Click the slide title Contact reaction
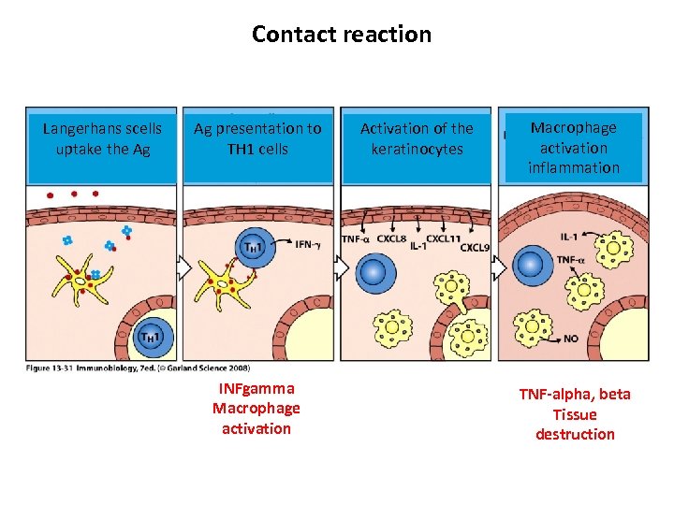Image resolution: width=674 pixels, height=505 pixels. (342, 35)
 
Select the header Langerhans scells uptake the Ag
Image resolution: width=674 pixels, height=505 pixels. (102, 138)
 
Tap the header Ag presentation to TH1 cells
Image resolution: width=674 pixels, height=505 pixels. (256, 138)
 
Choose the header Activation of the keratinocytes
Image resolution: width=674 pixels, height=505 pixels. (417, 138)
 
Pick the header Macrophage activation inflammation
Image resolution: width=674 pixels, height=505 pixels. (574, 147)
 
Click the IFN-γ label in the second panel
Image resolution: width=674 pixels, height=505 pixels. (310, 244)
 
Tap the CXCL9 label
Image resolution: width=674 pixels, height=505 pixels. (473, 248)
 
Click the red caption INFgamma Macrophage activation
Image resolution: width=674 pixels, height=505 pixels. (256, 409)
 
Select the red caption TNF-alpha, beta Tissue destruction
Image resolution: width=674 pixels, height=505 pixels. (575, 414)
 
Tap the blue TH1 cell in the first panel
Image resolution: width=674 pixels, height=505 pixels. (152, 335)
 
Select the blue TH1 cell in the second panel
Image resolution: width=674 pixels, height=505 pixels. (254, 246)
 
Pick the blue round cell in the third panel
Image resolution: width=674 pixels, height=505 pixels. (373, 272)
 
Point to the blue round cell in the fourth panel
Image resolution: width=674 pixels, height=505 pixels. (530, 265)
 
